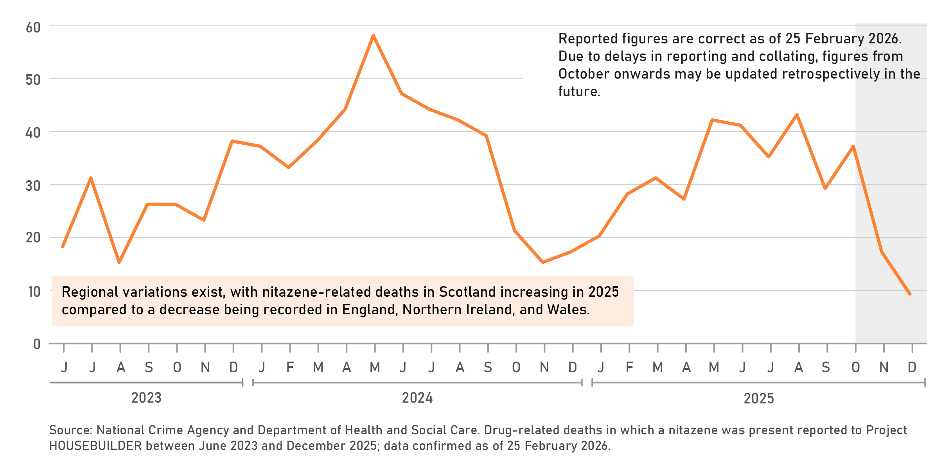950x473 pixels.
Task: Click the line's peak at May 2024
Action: (374, 36)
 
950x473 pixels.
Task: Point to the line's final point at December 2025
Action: (910, 294)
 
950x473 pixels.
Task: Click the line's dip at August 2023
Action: (119, 262)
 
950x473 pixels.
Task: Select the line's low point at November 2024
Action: (543, 262)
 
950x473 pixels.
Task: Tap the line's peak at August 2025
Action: (797, 115)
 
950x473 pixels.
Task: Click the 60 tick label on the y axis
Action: (33, 28)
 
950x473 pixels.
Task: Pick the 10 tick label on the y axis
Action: (34, 292)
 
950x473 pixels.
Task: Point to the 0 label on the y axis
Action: (37, 344)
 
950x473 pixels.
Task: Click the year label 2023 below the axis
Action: (146, 398)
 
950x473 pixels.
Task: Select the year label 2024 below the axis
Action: (417, 398)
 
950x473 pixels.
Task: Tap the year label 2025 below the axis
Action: (759, 399)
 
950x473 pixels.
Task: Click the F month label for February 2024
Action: (290, 367)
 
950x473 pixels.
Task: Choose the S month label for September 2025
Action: (826, 367)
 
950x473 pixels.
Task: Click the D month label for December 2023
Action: (233, 367)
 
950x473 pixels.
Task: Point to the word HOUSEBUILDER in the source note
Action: (95, 446)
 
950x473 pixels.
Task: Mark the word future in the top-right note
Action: (579, 91)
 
